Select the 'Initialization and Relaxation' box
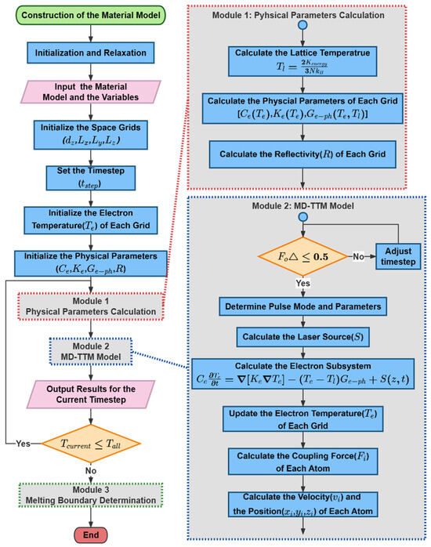[x=92, y=53]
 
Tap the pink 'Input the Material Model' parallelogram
[x=92, y=92]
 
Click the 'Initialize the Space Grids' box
[x=92, y=134]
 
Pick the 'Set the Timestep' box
[x=92, y=177]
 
